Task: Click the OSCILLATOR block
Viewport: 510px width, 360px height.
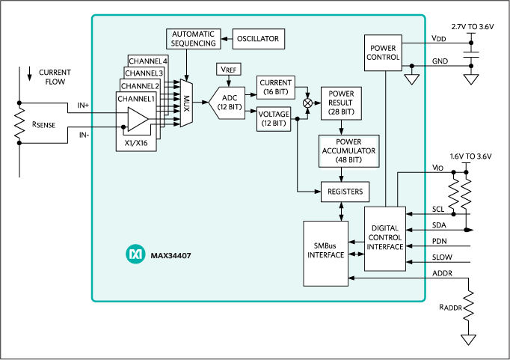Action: [x=258, y=38]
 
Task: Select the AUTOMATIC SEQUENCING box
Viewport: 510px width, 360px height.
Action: [x=192, y=38]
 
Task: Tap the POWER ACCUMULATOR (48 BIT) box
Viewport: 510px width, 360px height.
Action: [x=348, y=151]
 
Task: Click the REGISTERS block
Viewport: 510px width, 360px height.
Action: [x=345, y=192]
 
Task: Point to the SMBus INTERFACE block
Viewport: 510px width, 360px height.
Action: [x=326, y=253]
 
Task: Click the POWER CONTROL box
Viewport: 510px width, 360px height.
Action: [x=384, y=52]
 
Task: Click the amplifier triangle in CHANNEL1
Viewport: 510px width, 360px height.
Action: [x=138, y=119]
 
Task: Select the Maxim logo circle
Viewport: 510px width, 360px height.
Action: [x=135, y=255]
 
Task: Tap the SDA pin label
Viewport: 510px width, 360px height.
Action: [x=440, y=225]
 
